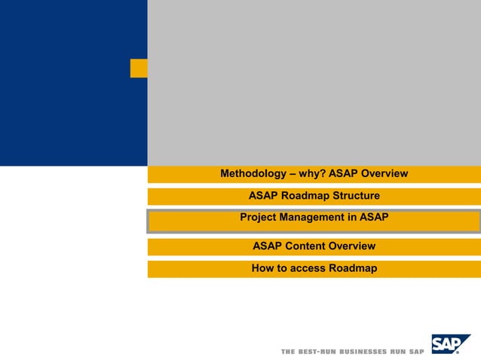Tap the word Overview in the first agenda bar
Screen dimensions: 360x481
coord(384,174)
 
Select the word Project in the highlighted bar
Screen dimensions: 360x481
coord(259,218)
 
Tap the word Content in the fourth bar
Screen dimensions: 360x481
coord(307,246)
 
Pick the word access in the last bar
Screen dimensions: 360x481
coord(308,268)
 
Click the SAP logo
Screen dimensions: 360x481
coord(450,344)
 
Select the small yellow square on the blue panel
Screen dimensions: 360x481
coord(139,68)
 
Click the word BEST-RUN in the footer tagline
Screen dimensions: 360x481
coord(316,352)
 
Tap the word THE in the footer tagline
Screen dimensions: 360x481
coord(287,352)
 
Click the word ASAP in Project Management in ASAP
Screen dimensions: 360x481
coord(374,218)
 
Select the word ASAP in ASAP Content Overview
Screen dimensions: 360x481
coord(268,246)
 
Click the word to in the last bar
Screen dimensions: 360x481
coord(283,268)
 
